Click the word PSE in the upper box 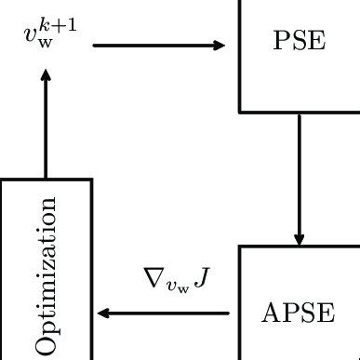tap(298, 43)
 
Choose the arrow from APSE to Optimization tap(167, 313)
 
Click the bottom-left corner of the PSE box tap(240, 111)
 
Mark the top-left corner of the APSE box tap(240, 246)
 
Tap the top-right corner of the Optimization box tap(91, 180)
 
